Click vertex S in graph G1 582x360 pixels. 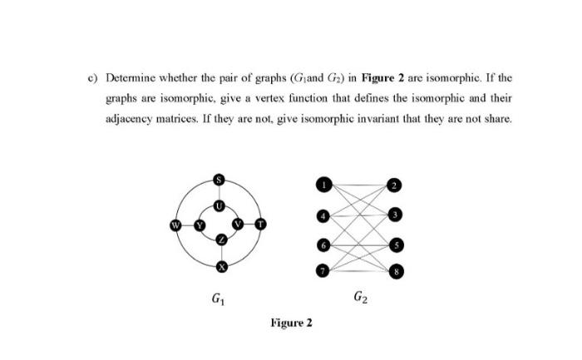(x=219, y=179)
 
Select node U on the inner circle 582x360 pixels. (x=219, y=204)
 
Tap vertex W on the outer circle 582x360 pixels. (x=175, y=224)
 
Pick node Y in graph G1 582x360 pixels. (x=200, y=224)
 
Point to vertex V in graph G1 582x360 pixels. (x=239, y=224)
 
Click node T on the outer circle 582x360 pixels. (x=260, y=224)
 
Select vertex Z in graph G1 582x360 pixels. (x=220, y=239)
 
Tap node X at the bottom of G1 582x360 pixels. (x=220, y=267)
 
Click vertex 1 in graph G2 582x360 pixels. (x=321, y=183)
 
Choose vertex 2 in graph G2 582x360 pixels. (x=396, y=185)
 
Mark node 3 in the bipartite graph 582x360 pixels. (x=397, y=215)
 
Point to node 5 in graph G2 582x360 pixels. (x=397, y=245)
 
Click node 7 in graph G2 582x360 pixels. (x=321, y=270)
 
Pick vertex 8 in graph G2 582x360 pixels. (x=397, y=271)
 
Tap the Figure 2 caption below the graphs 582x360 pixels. (x=291, y=323)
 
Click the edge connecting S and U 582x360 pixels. (x=219, y=192)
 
